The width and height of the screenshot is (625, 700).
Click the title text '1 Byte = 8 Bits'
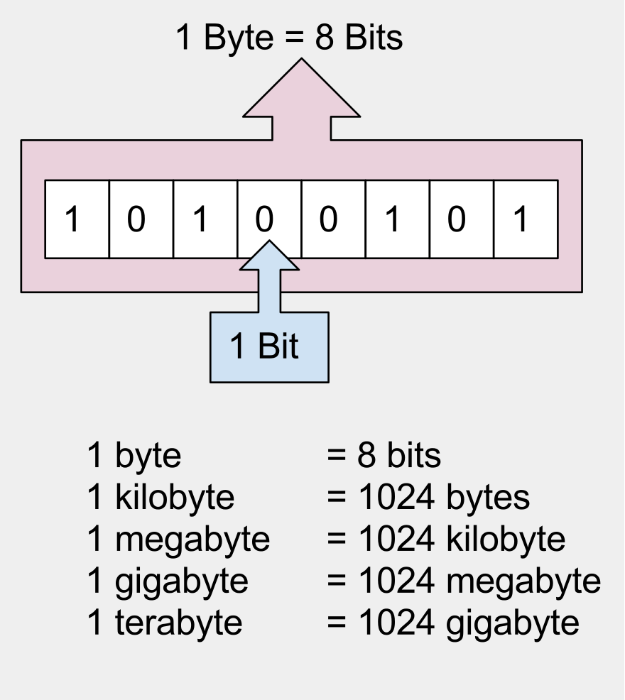pyautogui.click(x=289, y=38)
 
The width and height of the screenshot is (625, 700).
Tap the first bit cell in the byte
pyautogui.click(x=77, y=219)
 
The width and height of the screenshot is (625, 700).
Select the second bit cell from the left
pyautogui.click(x=141, y=219)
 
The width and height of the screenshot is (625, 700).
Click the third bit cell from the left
pyautogui.click(x=205, y=219)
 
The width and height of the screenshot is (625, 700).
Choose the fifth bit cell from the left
pyautogui.click(x=333, y=219)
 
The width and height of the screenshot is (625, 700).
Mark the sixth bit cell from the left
pyautogui.click(x=397, y=219)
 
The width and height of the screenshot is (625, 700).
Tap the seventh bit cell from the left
pyautogui.click(x=462, y=219)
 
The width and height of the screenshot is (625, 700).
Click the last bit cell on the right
pyautogui.click(x=526, y=219)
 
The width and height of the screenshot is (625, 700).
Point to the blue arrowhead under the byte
pyautogui.click(x=269, y=257)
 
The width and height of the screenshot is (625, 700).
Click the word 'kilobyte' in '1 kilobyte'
pyautogui.click(x=174, y=498)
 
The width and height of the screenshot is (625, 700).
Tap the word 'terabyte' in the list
pyautogui.click(x=178, y=623)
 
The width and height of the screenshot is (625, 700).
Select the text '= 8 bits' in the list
pyautogui.click(x=384, y=456)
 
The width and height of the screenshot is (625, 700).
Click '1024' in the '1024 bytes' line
pyautogui.click(x=396, y=498)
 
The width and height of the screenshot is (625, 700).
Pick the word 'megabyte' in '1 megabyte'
pyautogui.click(x=192, y=540)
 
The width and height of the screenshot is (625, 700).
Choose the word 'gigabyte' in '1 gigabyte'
pyautogui.click(x=181, y=581)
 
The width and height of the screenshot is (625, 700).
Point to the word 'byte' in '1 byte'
pyautogui.click(x=148, y=456)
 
